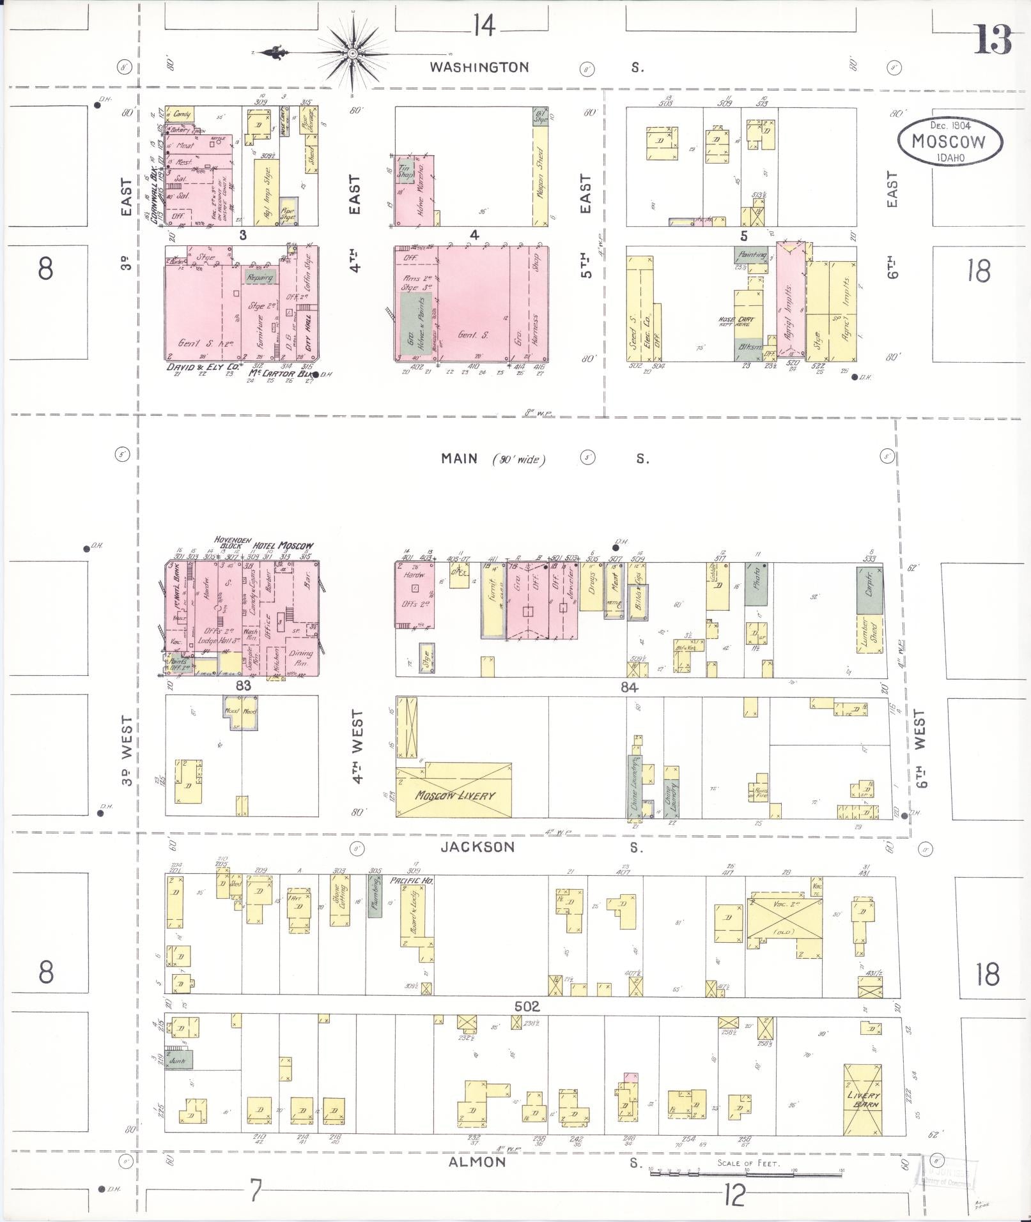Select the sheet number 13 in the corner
pyautogui.click(x=992, y=40)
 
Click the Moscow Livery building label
pyautogui.click(x=454, y=795)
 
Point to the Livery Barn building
pyautogui.click(x=863, y=1099)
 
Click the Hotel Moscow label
pyautogui.click(x=283, y=546)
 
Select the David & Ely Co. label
pyautogui.click(x=203, y=368)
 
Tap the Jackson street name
pyautogui.click(x=477, y=847)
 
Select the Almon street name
pyautogui.click(x=477, y=1162)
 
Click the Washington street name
pyautogui.click(x=479, y=66)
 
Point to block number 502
pyautogui.click(x=527, y=1006)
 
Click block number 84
pyautogui.click(x=629, y=687)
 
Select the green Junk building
pyautogui.click(x=178, y=1061)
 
